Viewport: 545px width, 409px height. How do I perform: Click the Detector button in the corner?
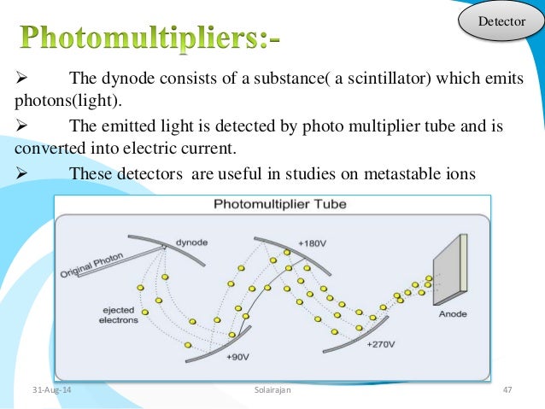pyautogui.click(x=500, y=20)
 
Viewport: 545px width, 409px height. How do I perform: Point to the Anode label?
pyautogui.click(x=452, y=314)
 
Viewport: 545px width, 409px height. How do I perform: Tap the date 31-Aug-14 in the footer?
pyautogui.click(x=50, y=390)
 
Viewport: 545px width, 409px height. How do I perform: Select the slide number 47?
pyautogui.click(x=507, y=390)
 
